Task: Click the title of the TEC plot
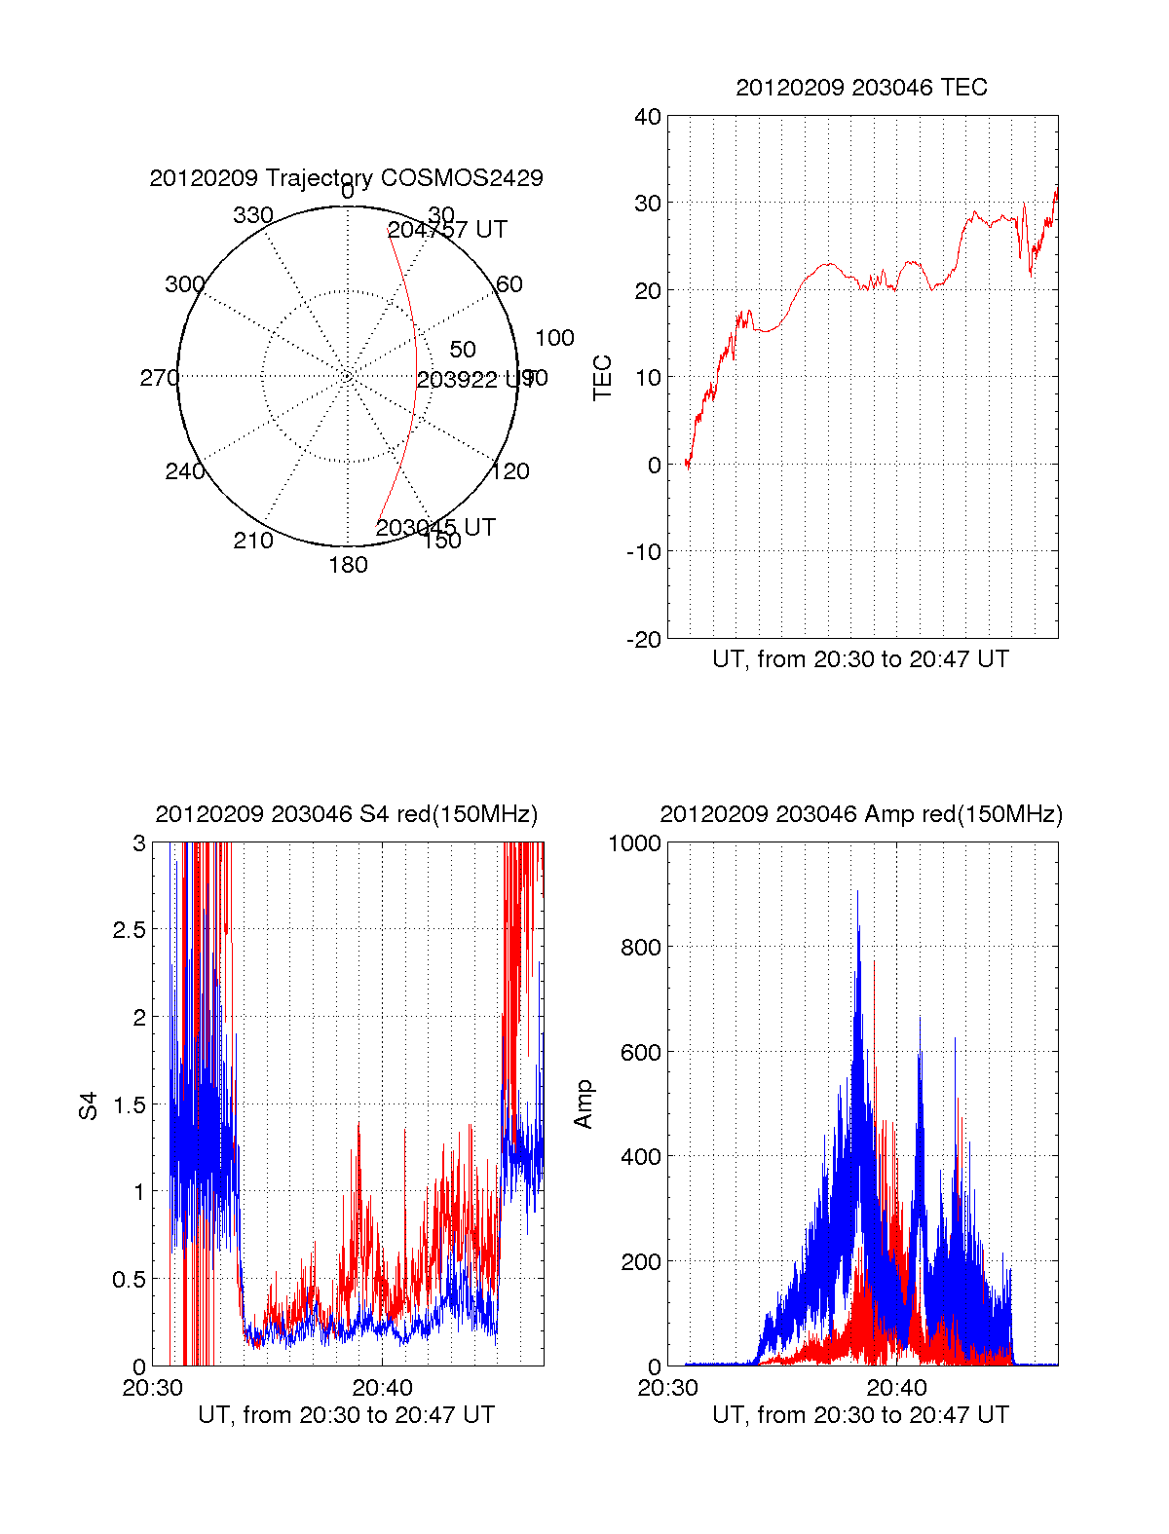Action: point(861,88)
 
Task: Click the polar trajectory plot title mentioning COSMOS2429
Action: point(346,178)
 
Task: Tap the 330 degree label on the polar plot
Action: point(253,215)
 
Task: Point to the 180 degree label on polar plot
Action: point(348,565)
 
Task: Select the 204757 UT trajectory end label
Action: point(447,230)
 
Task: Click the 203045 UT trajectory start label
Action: point(435,528)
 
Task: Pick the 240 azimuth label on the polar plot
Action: point(185,471)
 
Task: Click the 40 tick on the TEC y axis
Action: point(648,117)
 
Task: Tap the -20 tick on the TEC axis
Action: point(644,639)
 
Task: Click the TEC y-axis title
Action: point(603,378)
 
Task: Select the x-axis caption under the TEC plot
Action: point(860,659)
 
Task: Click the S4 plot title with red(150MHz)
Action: point(346,814)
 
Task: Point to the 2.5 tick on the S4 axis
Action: point(130,929)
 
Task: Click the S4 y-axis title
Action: point(89,1105)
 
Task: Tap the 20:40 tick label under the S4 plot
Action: point(382,1387)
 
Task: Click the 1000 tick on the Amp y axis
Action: point(634,842)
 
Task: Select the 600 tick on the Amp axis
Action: point(640,1052)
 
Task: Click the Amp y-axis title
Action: point(584,1104)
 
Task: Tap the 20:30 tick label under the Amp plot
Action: point(667,1387)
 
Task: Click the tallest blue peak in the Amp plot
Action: point(857,892)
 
